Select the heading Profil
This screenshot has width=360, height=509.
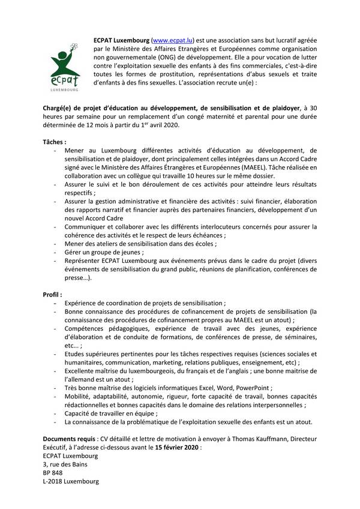[52, 295]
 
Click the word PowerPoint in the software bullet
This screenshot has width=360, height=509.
[253, 388]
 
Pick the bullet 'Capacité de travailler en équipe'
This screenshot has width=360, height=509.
[111, 414]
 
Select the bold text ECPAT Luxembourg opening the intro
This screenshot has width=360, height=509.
[121, 38]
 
